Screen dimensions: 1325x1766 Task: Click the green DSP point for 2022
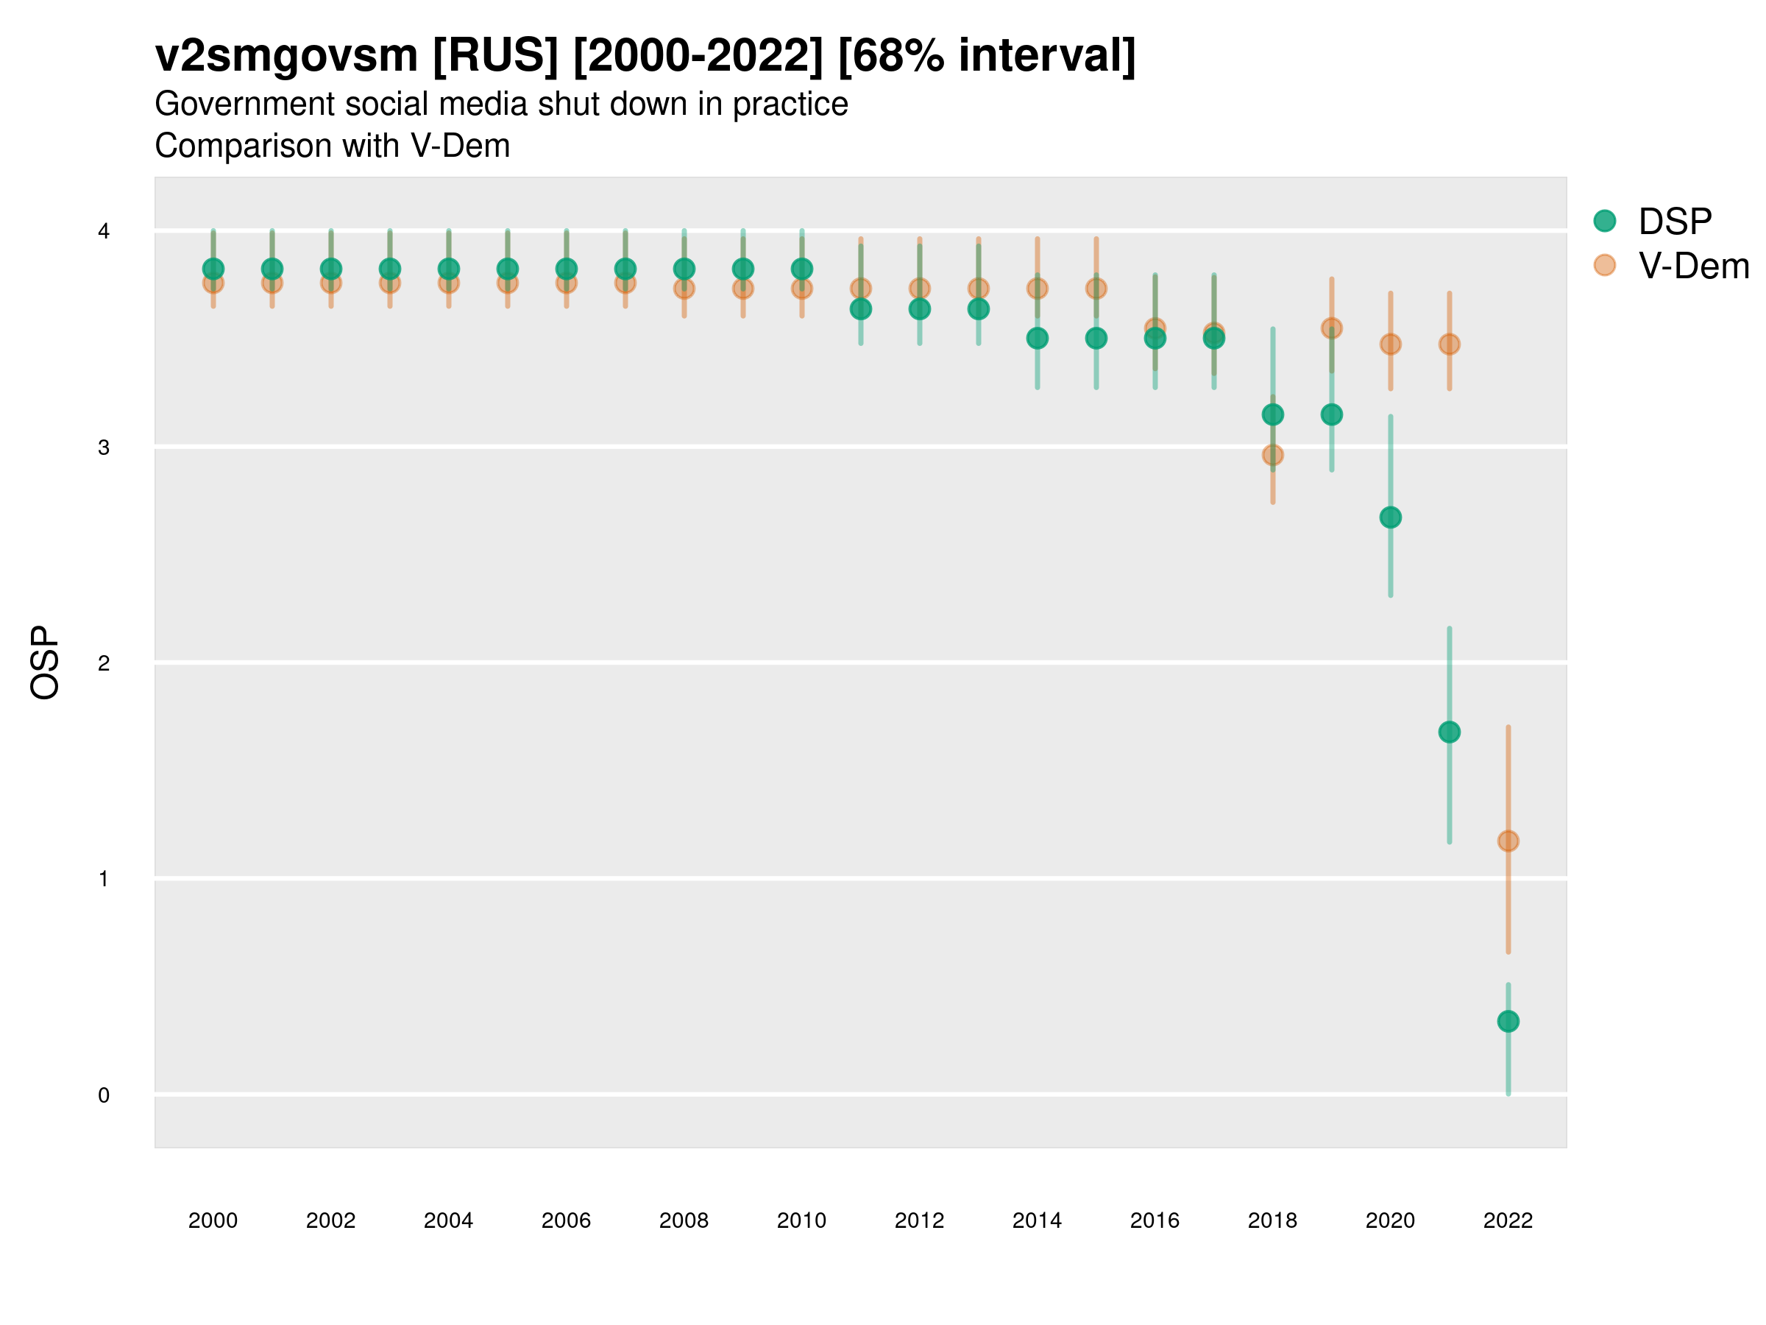coord(1508,1021)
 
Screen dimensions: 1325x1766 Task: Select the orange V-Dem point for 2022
coord(1508,841)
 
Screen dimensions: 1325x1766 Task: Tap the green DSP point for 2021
coord(1449,732)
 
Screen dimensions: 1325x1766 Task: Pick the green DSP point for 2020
coord(1390,517)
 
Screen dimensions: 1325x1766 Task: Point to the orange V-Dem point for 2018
coord(1272,455)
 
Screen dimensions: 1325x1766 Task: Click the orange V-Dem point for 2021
coord(1449,344)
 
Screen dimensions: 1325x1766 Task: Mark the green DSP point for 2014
coord(1037,339)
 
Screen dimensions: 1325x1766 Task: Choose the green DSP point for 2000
coord(213,269)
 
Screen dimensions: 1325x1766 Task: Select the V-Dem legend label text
coord(1693,266)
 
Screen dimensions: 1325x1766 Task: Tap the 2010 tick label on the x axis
coord(801,1220)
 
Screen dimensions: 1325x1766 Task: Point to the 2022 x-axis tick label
coord(1508,1220)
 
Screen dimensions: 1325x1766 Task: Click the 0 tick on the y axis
coord(104,1095)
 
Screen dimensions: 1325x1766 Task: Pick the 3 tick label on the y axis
coord(104,448)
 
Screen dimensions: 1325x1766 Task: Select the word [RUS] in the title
coord(495,56)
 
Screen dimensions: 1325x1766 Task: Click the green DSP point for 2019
coord(1332,414)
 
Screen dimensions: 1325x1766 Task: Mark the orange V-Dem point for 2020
coord(1390,344)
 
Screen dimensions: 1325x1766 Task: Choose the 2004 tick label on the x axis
coord(449,1220)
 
